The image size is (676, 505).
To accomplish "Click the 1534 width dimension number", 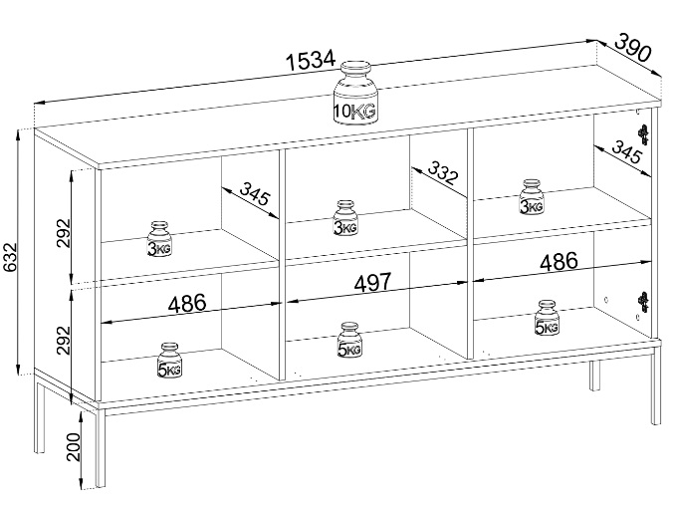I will click(311, 60).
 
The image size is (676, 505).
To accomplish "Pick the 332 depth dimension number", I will click(443, 174).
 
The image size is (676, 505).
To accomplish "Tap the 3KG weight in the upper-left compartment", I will click(159, 239).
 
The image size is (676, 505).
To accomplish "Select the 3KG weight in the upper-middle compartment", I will click(344, 218).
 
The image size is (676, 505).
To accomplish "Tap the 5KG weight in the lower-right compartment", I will click(547, 318).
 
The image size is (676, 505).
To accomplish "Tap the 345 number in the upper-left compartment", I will click(256, 195).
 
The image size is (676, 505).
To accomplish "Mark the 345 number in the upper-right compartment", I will click(624, 153).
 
